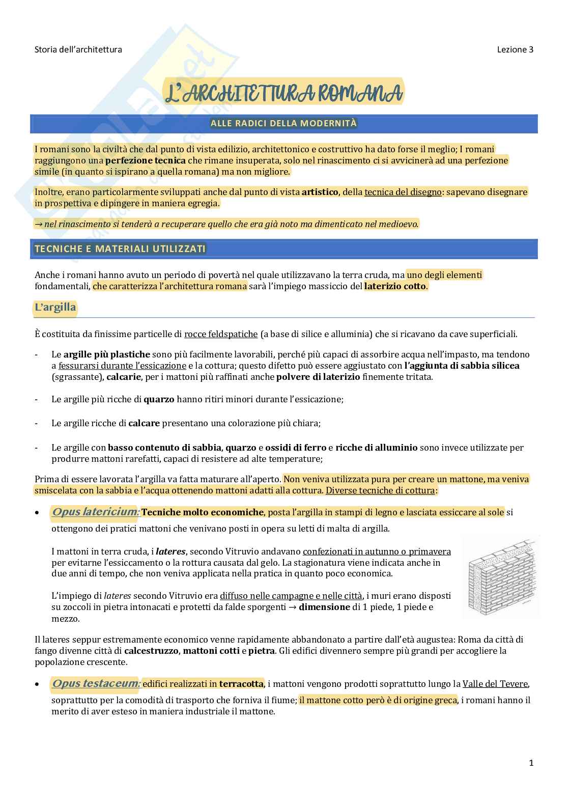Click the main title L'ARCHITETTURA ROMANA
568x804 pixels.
[284, 93]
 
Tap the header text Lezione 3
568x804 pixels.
[515, 49]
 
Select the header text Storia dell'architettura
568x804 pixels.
[78, 49]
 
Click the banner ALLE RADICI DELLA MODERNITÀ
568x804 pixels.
[284, 123]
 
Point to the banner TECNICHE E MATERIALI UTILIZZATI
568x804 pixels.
[120, 248]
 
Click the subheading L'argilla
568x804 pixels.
[55, 307]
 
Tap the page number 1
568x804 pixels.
[531, 762]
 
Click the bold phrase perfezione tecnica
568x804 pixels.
[146, 160]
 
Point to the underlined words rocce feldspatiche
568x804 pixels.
[221, 335]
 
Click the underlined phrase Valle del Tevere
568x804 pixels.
[495, 684]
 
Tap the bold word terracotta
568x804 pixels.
[241, 684]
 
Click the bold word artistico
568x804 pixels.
[320, 192]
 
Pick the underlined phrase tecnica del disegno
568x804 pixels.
[403, 192]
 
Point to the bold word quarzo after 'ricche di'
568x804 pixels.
[159, 399]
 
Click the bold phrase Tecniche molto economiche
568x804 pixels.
[203, 512]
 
